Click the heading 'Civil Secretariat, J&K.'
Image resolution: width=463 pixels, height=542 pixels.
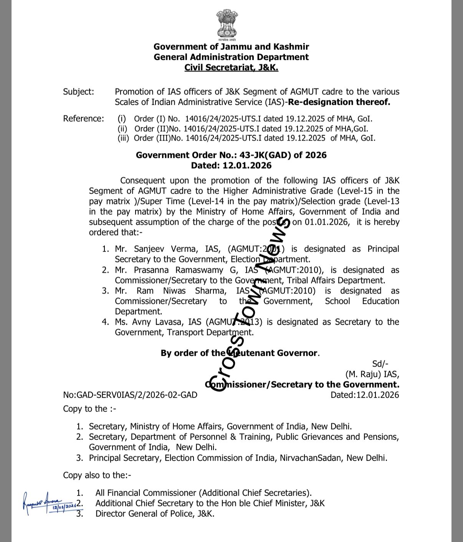[x=231, y=68]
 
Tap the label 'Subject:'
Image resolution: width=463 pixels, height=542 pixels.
[x=78, y=92]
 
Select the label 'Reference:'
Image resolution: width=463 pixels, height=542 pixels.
[x=83, y=119]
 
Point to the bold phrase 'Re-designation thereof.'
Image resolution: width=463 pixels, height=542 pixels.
[x=339, y=102]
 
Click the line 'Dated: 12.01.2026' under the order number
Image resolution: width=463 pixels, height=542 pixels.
[x=231, y=166]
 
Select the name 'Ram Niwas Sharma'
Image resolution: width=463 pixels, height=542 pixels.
[x=180, y=291]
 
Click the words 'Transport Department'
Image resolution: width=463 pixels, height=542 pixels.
[x=210, y=332]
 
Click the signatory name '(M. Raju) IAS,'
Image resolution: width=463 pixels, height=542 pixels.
[x=372, y=374]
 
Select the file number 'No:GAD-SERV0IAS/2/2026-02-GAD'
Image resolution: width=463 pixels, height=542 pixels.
[x=130, y=395]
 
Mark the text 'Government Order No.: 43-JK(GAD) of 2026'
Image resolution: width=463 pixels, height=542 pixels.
[x=231, y=155]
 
